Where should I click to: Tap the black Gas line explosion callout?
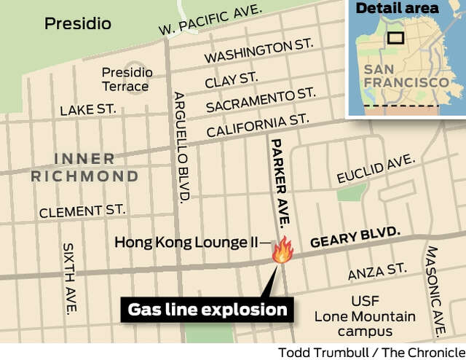(208, 310)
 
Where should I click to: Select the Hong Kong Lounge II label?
(191, 242)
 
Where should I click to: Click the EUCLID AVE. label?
(376, 169)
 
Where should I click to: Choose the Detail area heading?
(397, 9)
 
